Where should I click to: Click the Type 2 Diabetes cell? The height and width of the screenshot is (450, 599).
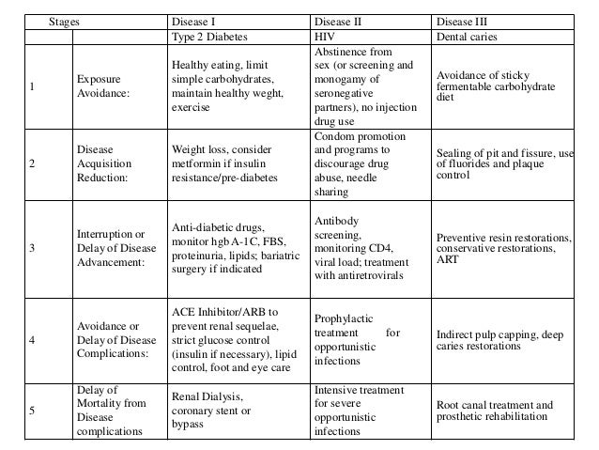click(206, 37)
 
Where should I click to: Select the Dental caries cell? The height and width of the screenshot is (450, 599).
click(468, 37)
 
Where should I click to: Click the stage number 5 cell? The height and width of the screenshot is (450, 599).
click(34, 410)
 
